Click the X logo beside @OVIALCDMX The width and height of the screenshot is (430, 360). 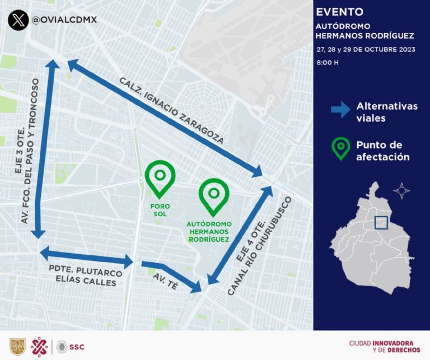tap(18, 21)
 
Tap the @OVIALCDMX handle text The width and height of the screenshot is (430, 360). tap(64, 20)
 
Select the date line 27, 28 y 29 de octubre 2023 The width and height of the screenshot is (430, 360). tap(366, 49)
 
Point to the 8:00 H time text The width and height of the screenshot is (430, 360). tap(328, 62)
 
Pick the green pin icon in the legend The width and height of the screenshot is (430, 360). tap(339, 148)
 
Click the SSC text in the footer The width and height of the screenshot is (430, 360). tap(77, 347)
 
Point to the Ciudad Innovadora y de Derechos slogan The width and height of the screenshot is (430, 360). tap(381, 347)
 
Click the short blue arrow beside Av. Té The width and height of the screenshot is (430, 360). tap(171, 277)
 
